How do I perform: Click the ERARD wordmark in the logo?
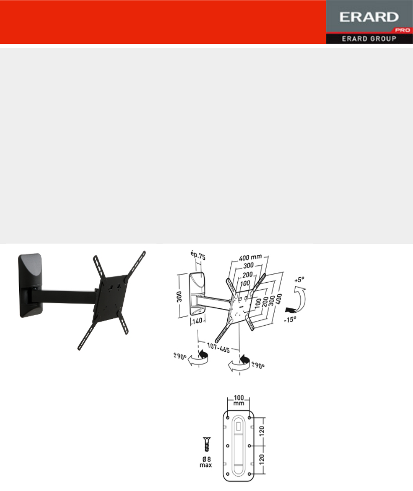[x=369, y=17]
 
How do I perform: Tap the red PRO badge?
[x=402, y=30]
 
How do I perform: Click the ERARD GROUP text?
[x=369, y=39]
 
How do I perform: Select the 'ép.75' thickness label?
[x=198, y=255]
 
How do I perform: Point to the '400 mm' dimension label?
[x=250, y=257]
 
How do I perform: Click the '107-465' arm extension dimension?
[x=218, y=348]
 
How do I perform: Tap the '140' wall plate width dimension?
[x=197, y=321]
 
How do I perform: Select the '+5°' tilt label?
[x=299, y=280]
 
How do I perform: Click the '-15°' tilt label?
[x=290, y=320]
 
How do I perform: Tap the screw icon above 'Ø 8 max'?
[x=207, y=444]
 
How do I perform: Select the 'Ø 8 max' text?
[x=206, y=462]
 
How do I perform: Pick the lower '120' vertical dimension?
[x=262, y=459]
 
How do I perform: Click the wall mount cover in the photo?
[x=31, y=285]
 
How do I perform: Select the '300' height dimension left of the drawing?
[x=179, y=297]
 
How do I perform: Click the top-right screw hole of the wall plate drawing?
[x=250, y=418]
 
